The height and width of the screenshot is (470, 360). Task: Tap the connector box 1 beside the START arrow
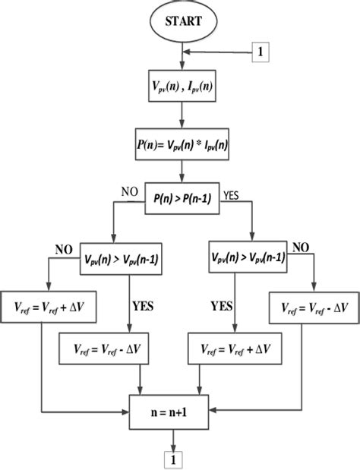coord(261,54)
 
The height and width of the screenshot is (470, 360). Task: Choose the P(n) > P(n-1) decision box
coord(182,201)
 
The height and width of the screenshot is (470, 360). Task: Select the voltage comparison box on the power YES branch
coord(248,258)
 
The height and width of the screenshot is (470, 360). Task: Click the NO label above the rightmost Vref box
coord(302,247)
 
